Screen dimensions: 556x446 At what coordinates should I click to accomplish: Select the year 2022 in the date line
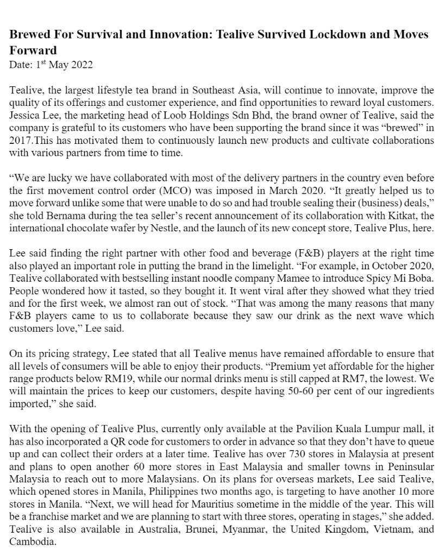pos(81,65)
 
